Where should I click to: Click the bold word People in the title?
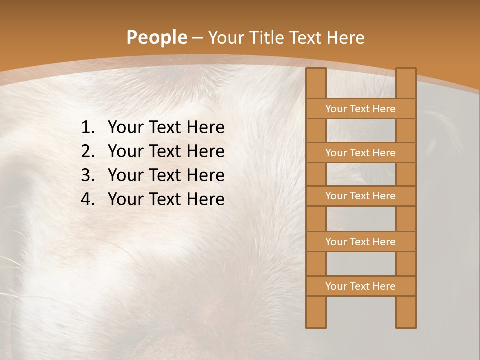pyautogui.click(x=156, y=38)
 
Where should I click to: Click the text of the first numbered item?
pyautogui.click(x=166, y=128)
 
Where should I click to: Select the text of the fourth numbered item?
pyautogui.click(x=166, y=199)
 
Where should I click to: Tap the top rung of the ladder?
pyautogui.click(x=360, y=109)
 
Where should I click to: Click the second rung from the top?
pyautogui.click(x=360, y=153)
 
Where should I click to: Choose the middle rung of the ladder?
pyautogui.click(x=360, y=196)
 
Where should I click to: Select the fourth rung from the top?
pyautogui.click(x=360, y=242)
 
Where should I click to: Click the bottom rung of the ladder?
pyautogui.click(x=360, y=286)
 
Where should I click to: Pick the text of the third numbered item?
pyautogui.click(x=166, y=175)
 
